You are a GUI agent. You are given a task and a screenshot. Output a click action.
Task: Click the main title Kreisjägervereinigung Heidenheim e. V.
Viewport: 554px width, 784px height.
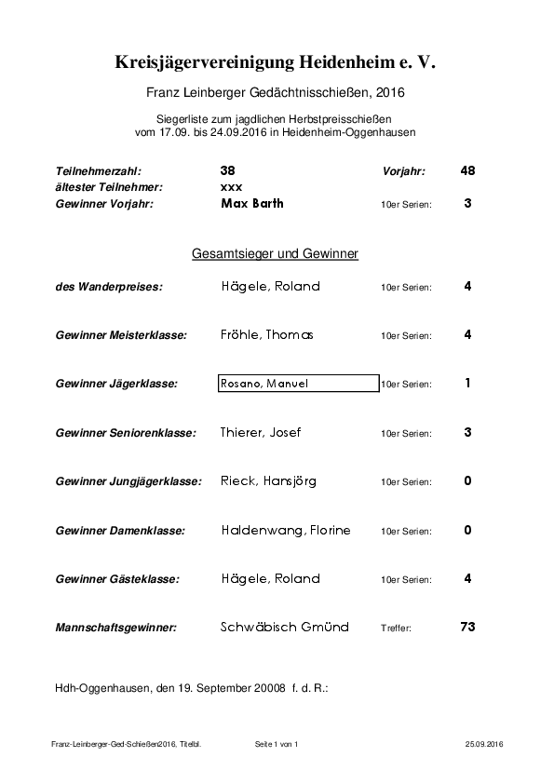pyautogui.click(x=276, y=62)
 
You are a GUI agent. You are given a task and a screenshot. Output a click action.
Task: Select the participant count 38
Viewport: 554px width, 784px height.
pyautogui.click(x=228, y=171)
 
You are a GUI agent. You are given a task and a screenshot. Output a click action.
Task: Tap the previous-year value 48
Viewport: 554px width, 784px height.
pyautogui.click(x=467, y=171)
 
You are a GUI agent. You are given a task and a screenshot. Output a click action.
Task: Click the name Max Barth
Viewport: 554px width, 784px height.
pyautogui.click(x=252, y=203)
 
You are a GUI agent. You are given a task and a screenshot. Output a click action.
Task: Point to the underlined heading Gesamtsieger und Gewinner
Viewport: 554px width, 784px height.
pyautogui.click(x=276, y=253)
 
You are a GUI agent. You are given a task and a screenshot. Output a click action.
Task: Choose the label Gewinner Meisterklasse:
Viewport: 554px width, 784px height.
pyautogui.click(x=121, y=335)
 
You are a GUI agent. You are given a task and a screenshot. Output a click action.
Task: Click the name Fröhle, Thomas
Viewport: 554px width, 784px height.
pyautogui.click(x=267, y=335)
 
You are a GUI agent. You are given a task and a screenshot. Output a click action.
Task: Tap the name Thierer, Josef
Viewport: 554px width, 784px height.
pyautogui.click(x=261, y=432)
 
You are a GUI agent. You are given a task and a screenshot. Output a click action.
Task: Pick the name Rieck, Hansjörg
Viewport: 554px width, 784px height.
pyautogui.click(x=268, y=481)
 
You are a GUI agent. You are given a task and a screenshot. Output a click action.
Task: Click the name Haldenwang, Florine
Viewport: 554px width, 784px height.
pyautogui.click(x=286, y=530)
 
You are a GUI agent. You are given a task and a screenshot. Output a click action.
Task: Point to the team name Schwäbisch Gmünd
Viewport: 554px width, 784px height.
pyautogui.click(x=285, y=628)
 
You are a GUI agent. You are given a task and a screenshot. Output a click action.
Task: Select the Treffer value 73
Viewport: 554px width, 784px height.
pyautogui.click(x=467, y=627)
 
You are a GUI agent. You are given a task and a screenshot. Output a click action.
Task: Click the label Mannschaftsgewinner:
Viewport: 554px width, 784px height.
pyautogui.click(x=115, y=628)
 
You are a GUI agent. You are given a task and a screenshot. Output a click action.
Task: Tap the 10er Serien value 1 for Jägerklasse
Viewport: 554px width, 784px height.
pyautogui.click(x=467, y=383)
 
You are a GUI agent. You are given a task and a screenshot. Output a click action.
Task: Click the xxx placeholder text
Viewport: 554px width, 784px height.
pyautogui.click(x=231, y=187)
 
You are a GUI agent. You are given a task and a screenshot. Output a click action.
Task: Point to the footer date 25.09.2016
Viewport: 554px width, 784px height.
pyautogui.click(x=484, y=745)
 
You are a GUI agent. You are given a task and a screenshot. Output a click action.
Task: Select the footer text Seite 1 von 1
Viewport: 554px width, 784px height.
pyautogui.click(x=276, y=745)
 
